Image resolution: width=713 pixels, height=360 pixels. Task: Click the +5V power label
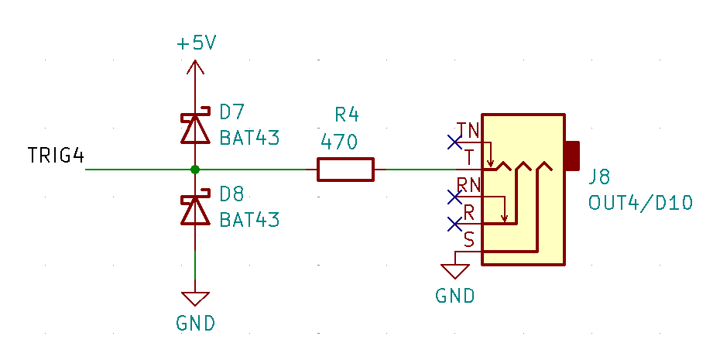click(x=196, y=43)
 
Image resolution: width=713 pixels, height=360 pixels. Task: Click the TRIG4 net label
click(x=55, y=156)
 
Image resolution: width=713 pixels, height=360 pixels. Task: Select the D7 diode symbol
click(x=195, y=129)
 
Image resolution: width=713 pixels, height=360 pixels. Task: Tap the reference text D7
click(x=232, y=113)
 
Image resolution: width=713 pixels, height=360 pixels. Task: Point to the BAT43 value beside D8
click(x=249, y=220)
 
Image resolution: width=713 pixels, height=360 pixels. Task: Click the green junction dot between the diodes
click(x=195, y=169)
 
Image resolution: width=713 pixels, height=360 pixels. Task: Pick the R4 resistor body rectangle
click(x=345, y=169)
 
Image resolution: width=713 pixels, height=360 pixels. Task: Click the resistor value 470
click(x=339, y=142)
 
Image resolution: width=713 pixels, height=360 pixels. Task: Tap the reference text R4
click(x=347, y=115)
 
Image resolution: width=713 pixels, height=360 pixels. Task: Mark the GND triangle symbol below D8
click(x=195, y=299)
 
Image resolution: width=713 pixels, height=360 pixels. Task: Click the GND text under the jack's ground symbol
click(x=455, y=296)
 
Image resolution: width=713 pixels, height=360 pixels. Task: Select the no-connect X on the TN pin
click(x=454, y=142)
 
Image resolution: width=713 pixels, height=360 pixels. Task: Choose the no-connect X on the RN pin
click(x=454, y=197)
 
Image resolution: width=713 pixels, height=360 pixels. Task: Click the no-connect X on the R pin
click(x=454, y=224)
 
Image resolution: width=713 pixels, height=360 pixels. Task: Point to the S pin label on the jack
click(x=469, y=240)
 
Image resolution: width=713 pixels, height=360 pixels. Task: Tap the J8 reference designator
click(x=600, y=177)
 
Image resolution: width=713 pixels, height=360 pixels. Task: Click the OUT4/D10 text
click(x=640, y=203)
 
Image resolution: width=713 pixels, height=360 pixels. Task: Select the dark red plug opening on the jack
click(x=572, y=156)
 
